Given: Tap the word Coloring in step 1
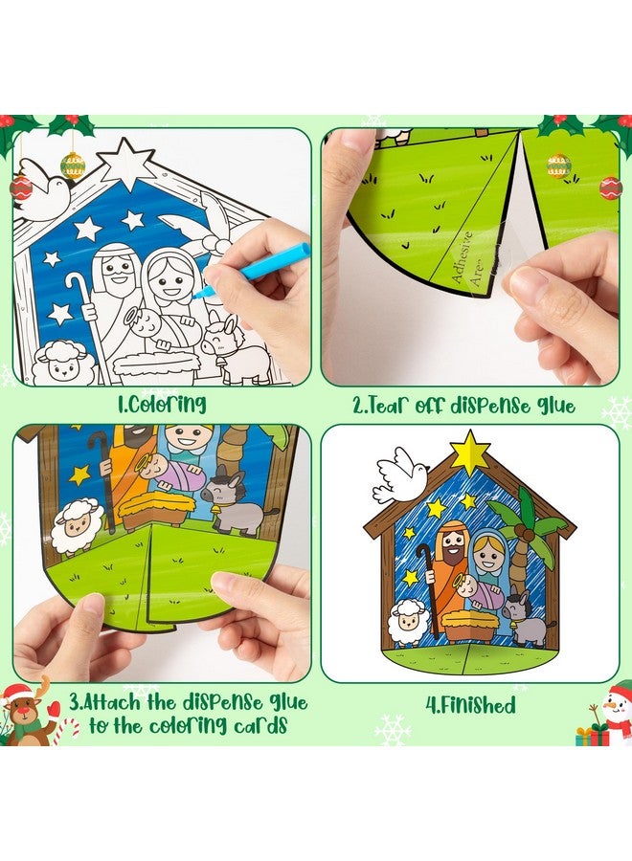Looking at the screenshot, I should pos(164,404).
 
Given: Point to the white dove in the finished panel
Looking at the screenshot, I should pos(399,475).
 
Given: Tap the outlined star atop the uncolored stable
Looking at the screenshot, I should pos(126,164).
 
